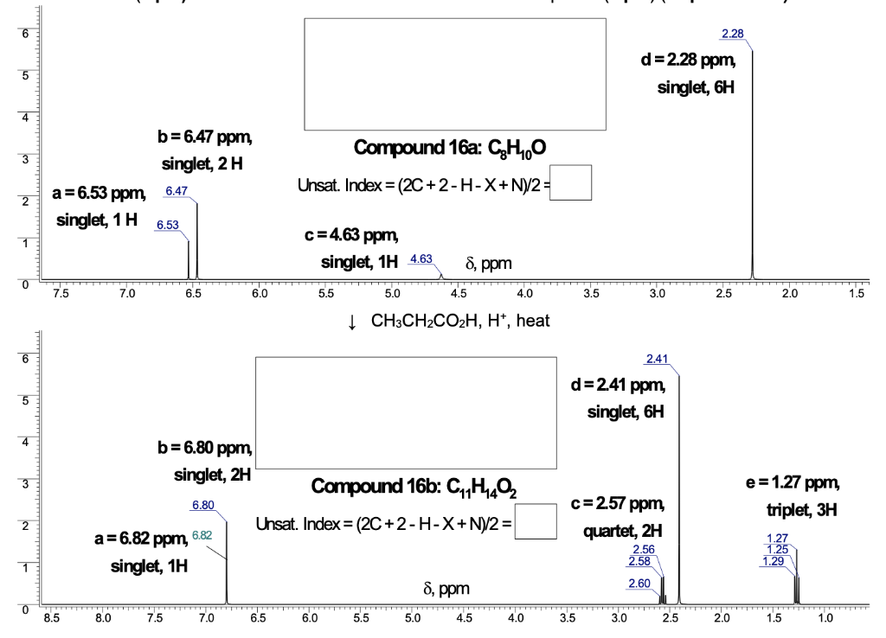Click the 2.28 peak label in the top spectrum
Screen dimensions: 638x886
click(x=731, y=34)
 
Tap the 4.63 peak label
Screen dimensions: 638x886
click(x=421, y=259)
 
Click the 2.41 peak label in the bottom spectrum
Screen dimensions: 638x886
click(x=657, y=359)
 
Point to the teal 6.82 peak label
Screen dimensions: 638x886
click(x=201, y=536)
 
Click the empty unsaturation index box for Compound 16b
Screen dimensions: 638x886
click(x=536, y=523)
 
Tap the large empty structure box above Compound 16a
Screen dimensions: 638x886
click(x=454, y=73)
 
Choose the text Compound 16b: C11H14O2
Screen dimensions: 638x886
click(x=406, y=488)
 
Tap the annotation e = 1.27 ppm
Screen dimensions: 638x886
click(x=792, y=482)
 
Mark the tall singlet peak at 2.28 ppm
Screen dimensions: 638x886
click(x=752, y=164)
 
